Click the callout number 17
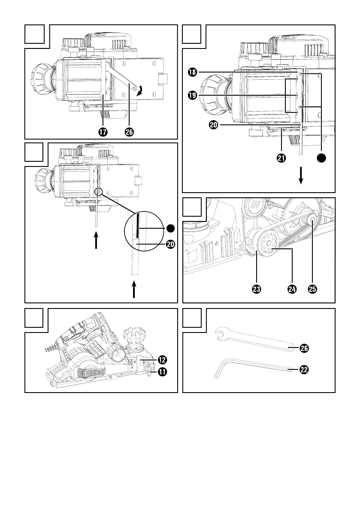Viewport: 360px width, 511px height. point(103,132)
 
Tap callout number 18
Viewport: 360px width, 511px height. point(193,72)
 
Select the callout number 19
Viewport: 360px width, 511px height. point(193,95)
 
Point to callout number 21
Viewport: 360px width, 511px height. point(281,158)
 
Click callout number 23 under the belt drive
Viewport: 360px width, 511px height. point(257,289)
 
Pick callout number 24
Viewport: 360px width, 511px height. point(292,289)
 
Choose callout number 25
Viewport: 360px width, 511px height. point(312,289)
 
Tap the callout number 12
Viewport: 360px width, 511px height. point(162,360)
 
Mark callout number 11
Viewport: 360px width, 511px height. point(162,372)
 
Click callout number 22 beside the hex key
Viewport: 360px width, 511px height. point(304,369)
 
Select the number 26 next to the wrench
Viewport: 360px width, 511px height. point(304,348)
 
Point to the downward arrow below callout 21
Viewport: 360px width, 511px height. point(301,175)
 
